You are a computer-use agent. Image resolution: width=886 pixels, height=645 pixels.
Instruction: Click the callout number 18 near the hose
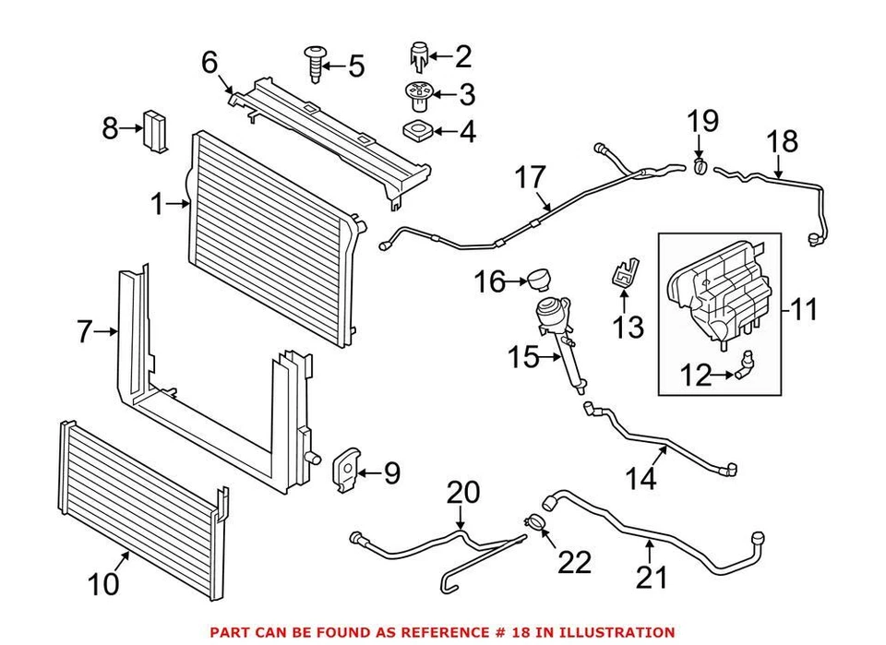[782, 141]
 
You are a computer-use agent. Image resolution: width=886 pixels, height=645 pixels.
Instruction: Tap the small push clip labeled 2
[420, 57]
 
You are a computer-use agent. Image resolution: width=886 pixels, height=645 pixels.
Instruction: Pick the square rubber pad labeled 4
[417, 129]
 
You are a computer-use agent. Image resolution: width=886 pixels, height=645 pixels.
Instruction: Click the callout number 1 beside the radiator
[157, 204]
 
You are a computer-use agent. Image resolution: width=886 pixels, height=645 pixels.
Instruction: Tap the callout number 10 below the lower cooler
[105, 584]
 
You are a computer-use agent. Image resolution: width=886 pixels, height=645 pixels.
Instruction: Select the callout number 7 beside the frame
[85, 331]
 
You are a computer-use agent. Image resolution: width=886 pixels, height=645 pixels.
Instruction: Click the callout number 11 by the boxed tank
[804, 309]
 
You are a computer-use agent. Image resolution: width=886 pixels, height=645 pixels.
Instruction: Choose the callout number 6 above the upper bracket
[210, 63]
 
